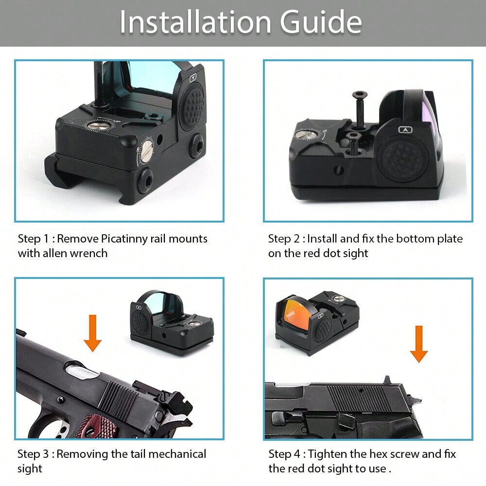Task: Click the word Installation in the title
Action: point(195,22)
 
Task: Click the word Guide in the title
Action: point(321,22)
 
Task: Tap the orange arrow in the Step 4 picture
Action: point(419,344)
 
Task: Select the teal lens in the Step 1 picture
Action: point(152,76)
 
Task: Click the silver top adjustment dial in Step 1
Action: point(98,125)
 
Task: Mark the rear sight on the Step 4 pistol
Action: point(386,381)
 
